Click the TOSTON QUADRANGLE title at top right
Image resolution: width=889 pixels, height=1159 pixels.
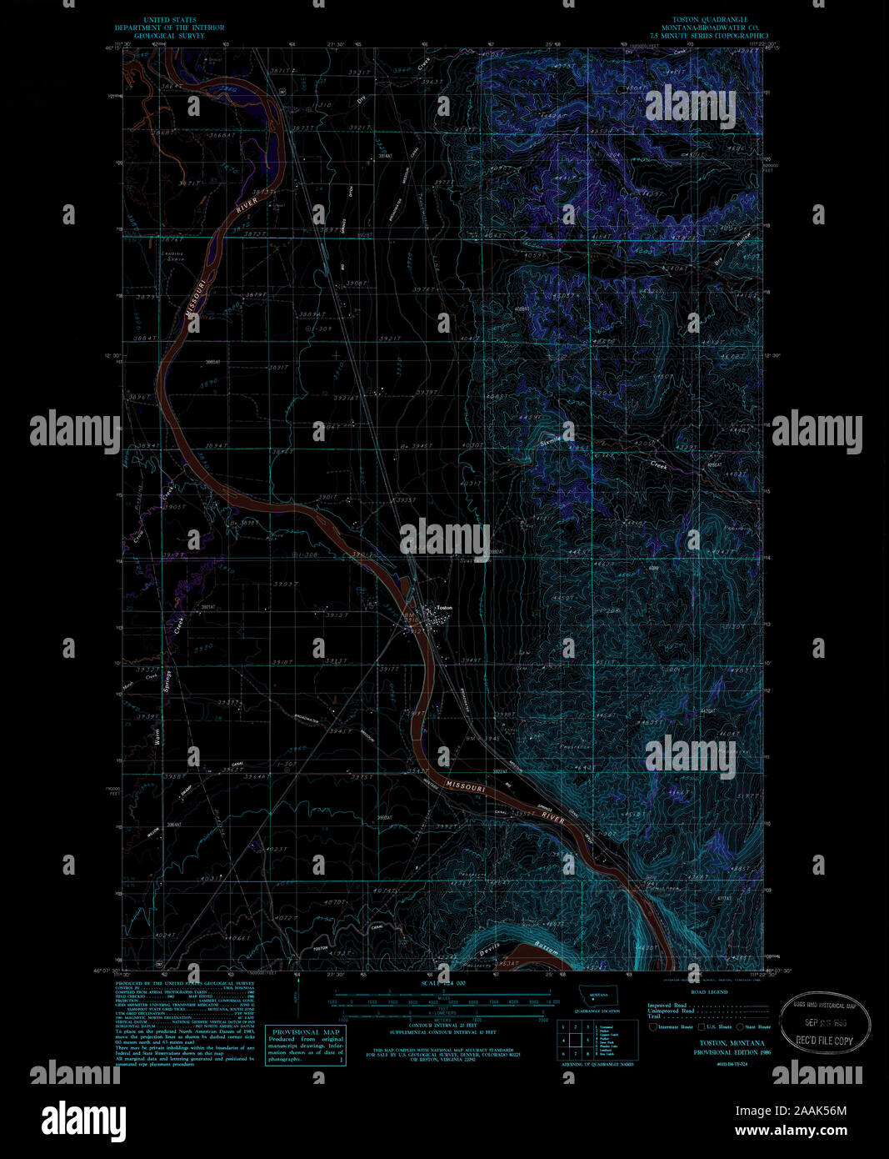click(x=712, y=19)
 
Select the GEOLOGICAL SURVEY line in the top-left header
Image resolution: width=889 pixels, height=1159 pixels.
click(x=169, y=36)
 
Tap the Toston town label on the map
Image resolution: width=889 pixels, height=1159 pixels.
click(x=444, y=608)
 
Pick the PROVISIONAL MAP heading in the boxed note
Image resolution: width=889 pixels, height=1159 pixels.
click(x=306, y=1031)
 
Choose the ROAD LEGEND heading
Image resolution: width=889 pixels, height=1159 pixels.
click(x=709, y=992)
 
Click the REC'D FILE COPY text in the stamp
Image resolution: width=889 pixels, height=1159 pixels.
click(x=825, y=1041)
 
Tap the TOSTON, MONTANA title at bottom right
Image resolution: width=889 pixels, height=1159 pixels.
click(x=732, y=1043)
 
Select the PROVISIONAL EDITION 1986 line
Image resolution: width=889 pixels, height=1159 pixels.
click(x=732, y=1052)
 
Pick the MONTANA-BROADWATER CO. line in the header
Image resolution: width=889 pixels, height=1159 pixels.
click(x=712, y=28)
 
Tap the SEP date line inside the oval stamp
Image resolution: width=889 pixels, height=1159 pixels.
click(x=825, y=1023)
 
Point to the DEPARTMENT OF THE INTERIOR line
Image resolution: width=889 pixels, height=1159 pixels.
click(x=169, y=28)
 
